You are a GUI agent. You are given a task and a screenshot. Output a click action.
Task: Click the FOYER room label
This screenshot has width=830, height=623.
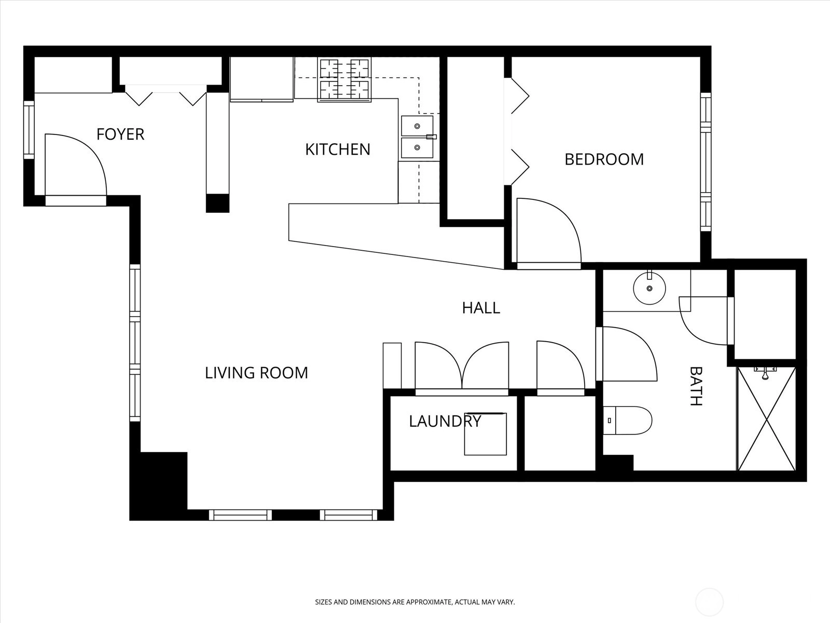pyautogui.click(x=120, y=134)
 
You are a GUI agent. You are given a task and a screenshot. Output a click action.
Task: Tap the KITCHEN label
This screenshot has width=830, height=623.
pyautogui.click(x=338, y=150)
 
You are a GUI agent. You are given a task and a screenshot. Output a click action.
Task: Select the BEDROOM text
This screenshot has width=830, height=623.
pyautogui.click(x=604, y=159)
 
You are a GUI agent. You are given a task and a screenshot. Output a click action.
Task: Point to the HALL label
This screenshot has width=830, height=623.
pyautogui.click(x=481, y=308)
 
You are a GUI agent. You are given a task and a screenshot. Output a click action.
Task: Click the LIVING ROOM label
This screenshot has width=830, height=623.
pyautogui.click(x=256, y=373)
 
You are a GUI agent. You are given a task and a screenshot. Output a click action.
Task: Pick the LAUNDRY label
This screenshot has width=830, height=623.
pyautogui.click(x=445, y=421)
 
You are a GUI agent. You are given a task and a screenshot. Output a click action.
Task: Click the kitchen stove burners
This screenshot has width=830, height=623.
pyautogui.click(x=344, y=79)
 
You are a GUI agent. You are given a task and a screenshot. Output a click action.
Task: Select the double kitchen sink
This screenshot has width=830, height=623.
pyautogui.click(x=418, y=137)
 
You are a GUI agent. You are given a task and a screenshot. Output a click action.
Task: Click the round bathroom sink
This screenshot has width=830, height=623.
pyautogui.click(x=649, y=288)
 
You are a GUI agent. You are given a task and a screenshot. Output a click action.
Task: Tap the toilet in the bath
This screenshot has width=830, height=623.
pyautogui.click(x=629, y=420)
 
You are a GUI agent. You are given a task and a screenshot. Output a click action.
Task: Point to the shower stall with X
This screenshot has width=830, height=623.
pyautogui.click(x=766, y=418)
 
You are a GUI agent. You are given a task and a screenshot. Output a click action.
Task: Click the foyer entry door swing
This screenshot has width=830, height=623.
pyautogui.click(x=75, y=165)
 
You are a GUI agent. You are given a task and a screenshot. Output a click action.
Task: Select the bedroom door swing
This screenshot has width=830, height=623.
pyautogui.click(x=549, y=231)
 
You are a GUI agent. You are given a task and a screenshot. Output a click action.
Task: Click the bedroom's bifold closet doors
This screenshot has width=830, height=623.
pyautogui.click(x=519, y=132)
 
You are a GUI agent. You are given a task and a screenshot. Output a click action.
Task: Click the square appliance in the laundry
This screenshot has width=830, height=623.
pyautogui.click(x=485, y=434)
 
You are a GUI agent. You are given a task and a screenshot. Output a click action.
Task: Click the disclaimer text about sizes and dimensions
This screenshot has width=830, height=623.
pyautogui.click(x=415, y=602)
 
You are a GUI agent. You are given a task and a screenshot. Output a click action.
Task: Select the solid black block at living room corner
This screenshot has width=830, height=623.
pyautogui.click(x=158, y=485)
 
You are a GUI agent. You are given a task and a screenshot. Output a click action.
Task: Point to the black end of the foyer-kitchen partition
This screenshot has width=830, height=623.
pyautogui.click(x=217, y=203)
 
